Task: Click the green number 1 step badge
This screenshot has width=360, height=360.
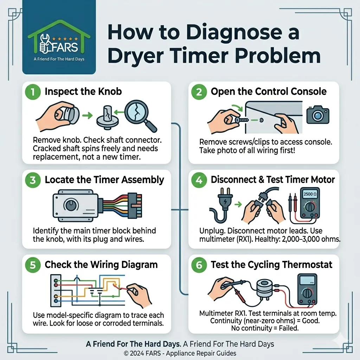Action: pyautogui.click(x=33, y=92)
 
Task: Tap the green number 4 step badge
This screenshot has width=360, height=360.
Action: pyautogui.click(x=199, y=180)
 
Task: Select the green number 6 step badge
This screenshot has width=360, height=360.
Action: pyautogui.click(x=199, y=265)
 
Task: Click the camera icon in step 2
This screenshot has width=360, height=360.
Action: pyautogui.click(x=318, y=115)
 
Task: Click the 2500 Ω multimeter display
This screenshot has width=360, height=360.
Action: pyautogui.click(x=310, y=194)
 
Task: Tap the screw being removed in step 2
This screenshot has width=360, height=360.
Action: pyautogui.click(x=242, y=120)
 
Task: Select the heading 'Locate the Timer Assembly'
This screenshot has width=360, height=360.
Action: pyautogui.click(x=104, y=180)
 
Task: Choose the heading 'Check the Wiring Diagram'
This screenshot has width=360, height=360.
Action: pyautogui.click(x=101, y=265)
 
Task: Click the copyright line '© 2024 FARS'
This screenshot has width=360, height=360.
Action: pyautogui.click(x=142, y=353)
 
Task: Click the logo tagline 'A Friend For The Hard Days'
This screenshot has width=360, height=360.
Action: pyautogui.click(x=59, y=59)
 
